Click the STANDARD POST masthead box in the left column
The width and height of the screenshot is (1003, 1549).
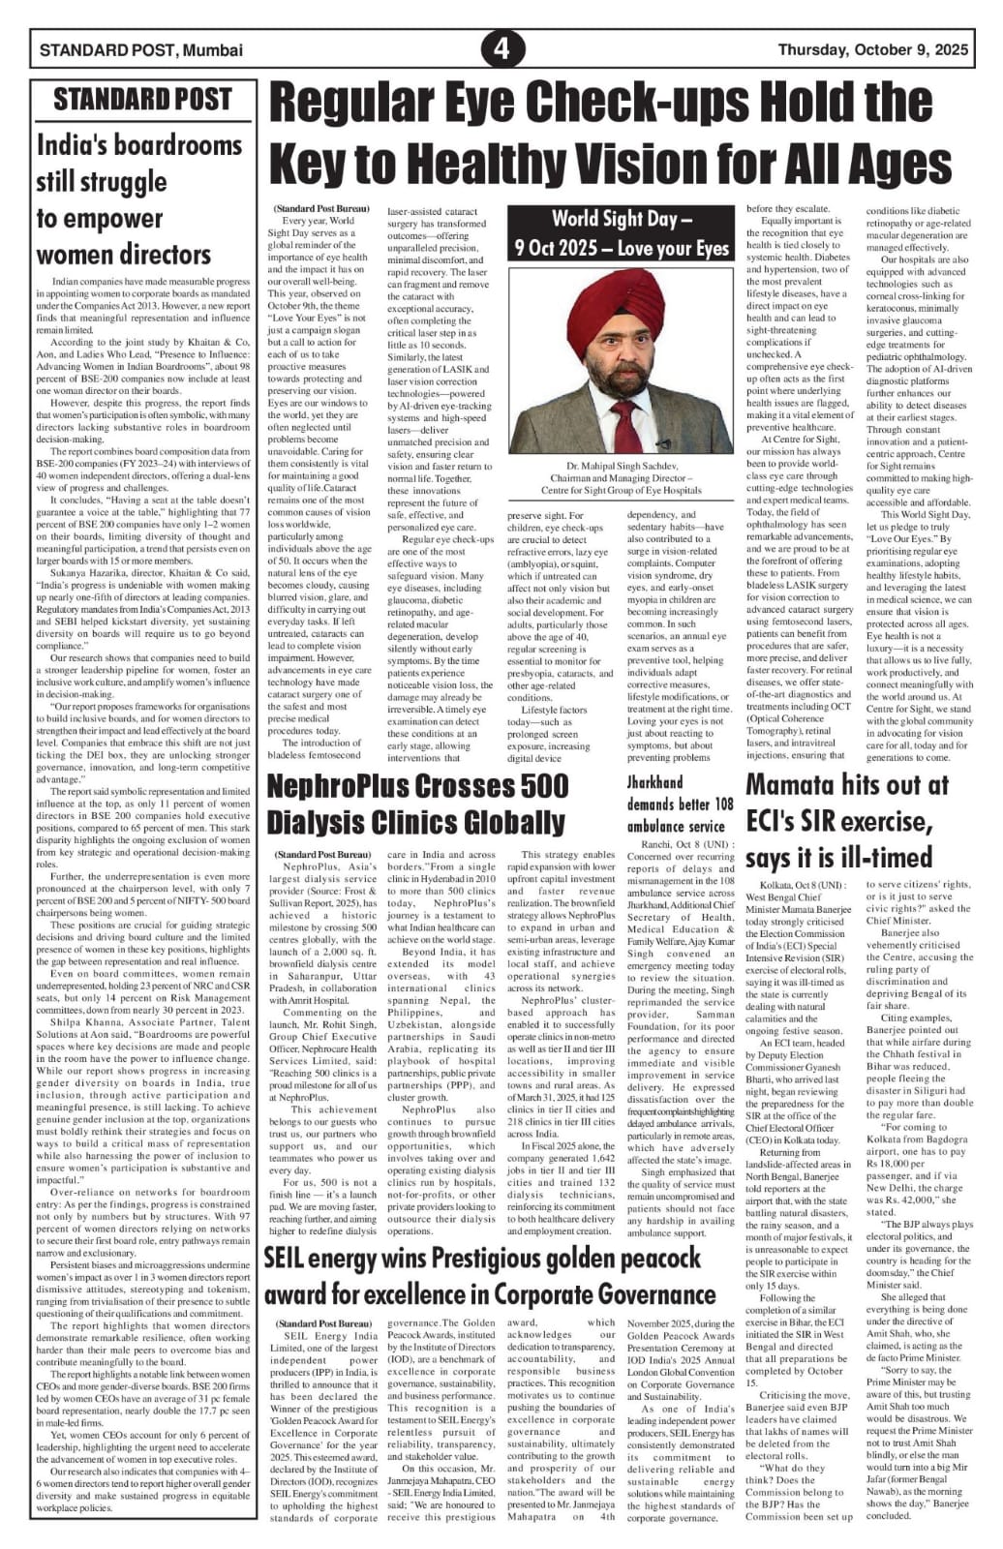click(x=142, y=99)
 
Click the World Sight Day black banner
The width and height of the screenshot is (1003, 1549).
click(x=622, y=232)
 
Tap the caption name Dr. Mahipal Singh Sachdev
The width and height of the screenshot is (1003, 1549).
click(x=621, y=467)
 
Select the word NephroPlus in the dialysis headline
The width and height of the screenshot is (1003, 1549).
click(x=346, y=786)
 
